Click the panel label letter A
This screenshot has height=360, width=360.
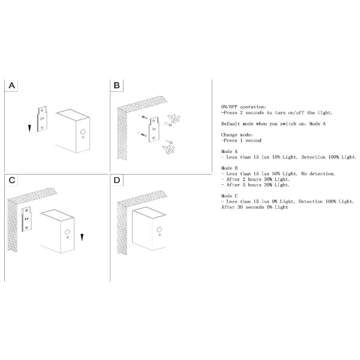pos(12,85)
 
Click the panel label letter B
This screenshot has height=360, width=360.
pos(116,85)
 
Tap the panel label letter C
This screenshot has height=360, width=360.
pos(12,180)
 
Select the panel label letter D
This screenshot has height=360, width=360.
pos(117,180)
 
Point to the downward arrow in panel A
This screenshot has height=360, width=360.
pos(29,128)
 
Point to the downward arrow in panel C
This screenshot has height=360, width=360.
pos(82,238)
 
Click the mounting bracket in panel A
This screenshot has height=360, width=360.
pos(42,119)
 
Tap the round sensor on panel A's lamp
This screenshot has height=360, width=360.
pos(83,132)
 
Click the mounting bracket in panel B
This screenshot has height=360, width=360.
pos(154,130)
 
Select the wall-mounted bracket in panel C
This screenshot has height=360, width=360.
pos(26,219)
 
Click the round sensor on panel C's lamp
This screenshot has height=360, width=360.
pos(67,232)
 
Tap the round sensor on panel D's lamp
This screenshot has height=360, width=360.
pos(159,229)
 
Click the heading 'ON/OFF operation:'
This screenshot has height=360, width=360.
pos(244,107)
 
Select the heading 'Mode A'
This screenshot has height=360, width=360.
pos(229,152)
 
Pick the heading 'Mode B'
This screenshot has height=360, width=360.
pos(229,168)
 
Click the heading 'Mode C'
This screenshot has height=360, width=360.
pos(229,196)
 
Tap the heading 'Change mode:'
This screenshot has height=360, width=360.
pos(237,135)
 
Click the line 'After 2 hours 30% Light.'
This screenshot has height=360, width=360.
pos(256,179)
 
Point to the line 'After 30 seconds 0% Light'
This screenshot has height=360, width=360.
pos(254,207)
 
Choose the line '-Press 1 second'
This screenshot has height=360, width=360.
pos(241,140)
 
